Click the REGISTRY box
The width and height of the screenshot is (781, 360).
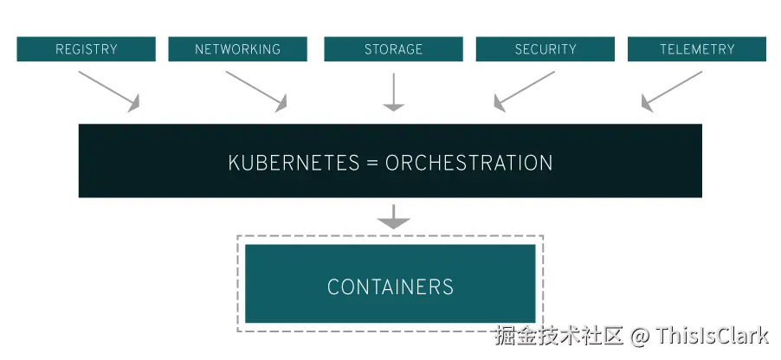(86, 49)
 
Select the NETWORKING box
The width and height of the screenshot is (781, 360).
(237, 49)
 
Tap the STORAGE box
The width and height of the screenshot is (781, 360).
(393, 49)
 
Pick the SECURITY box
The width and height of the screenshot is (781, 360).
(545, 49)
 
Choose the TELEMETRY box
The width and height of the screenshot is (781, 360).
(697, 49)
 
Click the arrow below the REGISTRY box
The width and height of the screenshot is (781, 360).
(109, 91)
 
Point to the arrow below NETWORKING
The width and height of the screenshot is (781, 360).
(256, 91)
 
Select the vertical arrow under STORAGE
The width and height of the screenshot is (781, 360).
(394, 92)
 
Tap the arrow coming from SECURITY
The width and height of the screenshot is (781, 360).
(524, 91)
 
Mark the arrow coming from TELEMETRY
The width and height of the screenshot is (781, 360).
(671, 91)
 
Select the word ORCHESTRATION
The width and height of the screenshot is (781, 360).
(468, 163)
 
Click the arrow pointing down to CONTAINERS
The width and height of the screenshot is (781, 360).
(394, 217)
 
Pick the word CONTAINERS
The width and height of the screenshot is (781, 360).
(390, 286)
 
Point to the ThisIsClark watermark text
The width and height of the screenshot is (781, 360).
(713, 336)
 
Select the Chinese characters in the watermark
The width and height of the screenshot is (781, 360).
(558, 336)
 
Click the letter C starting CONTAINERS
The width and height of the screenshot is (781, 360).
(333, 286)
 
